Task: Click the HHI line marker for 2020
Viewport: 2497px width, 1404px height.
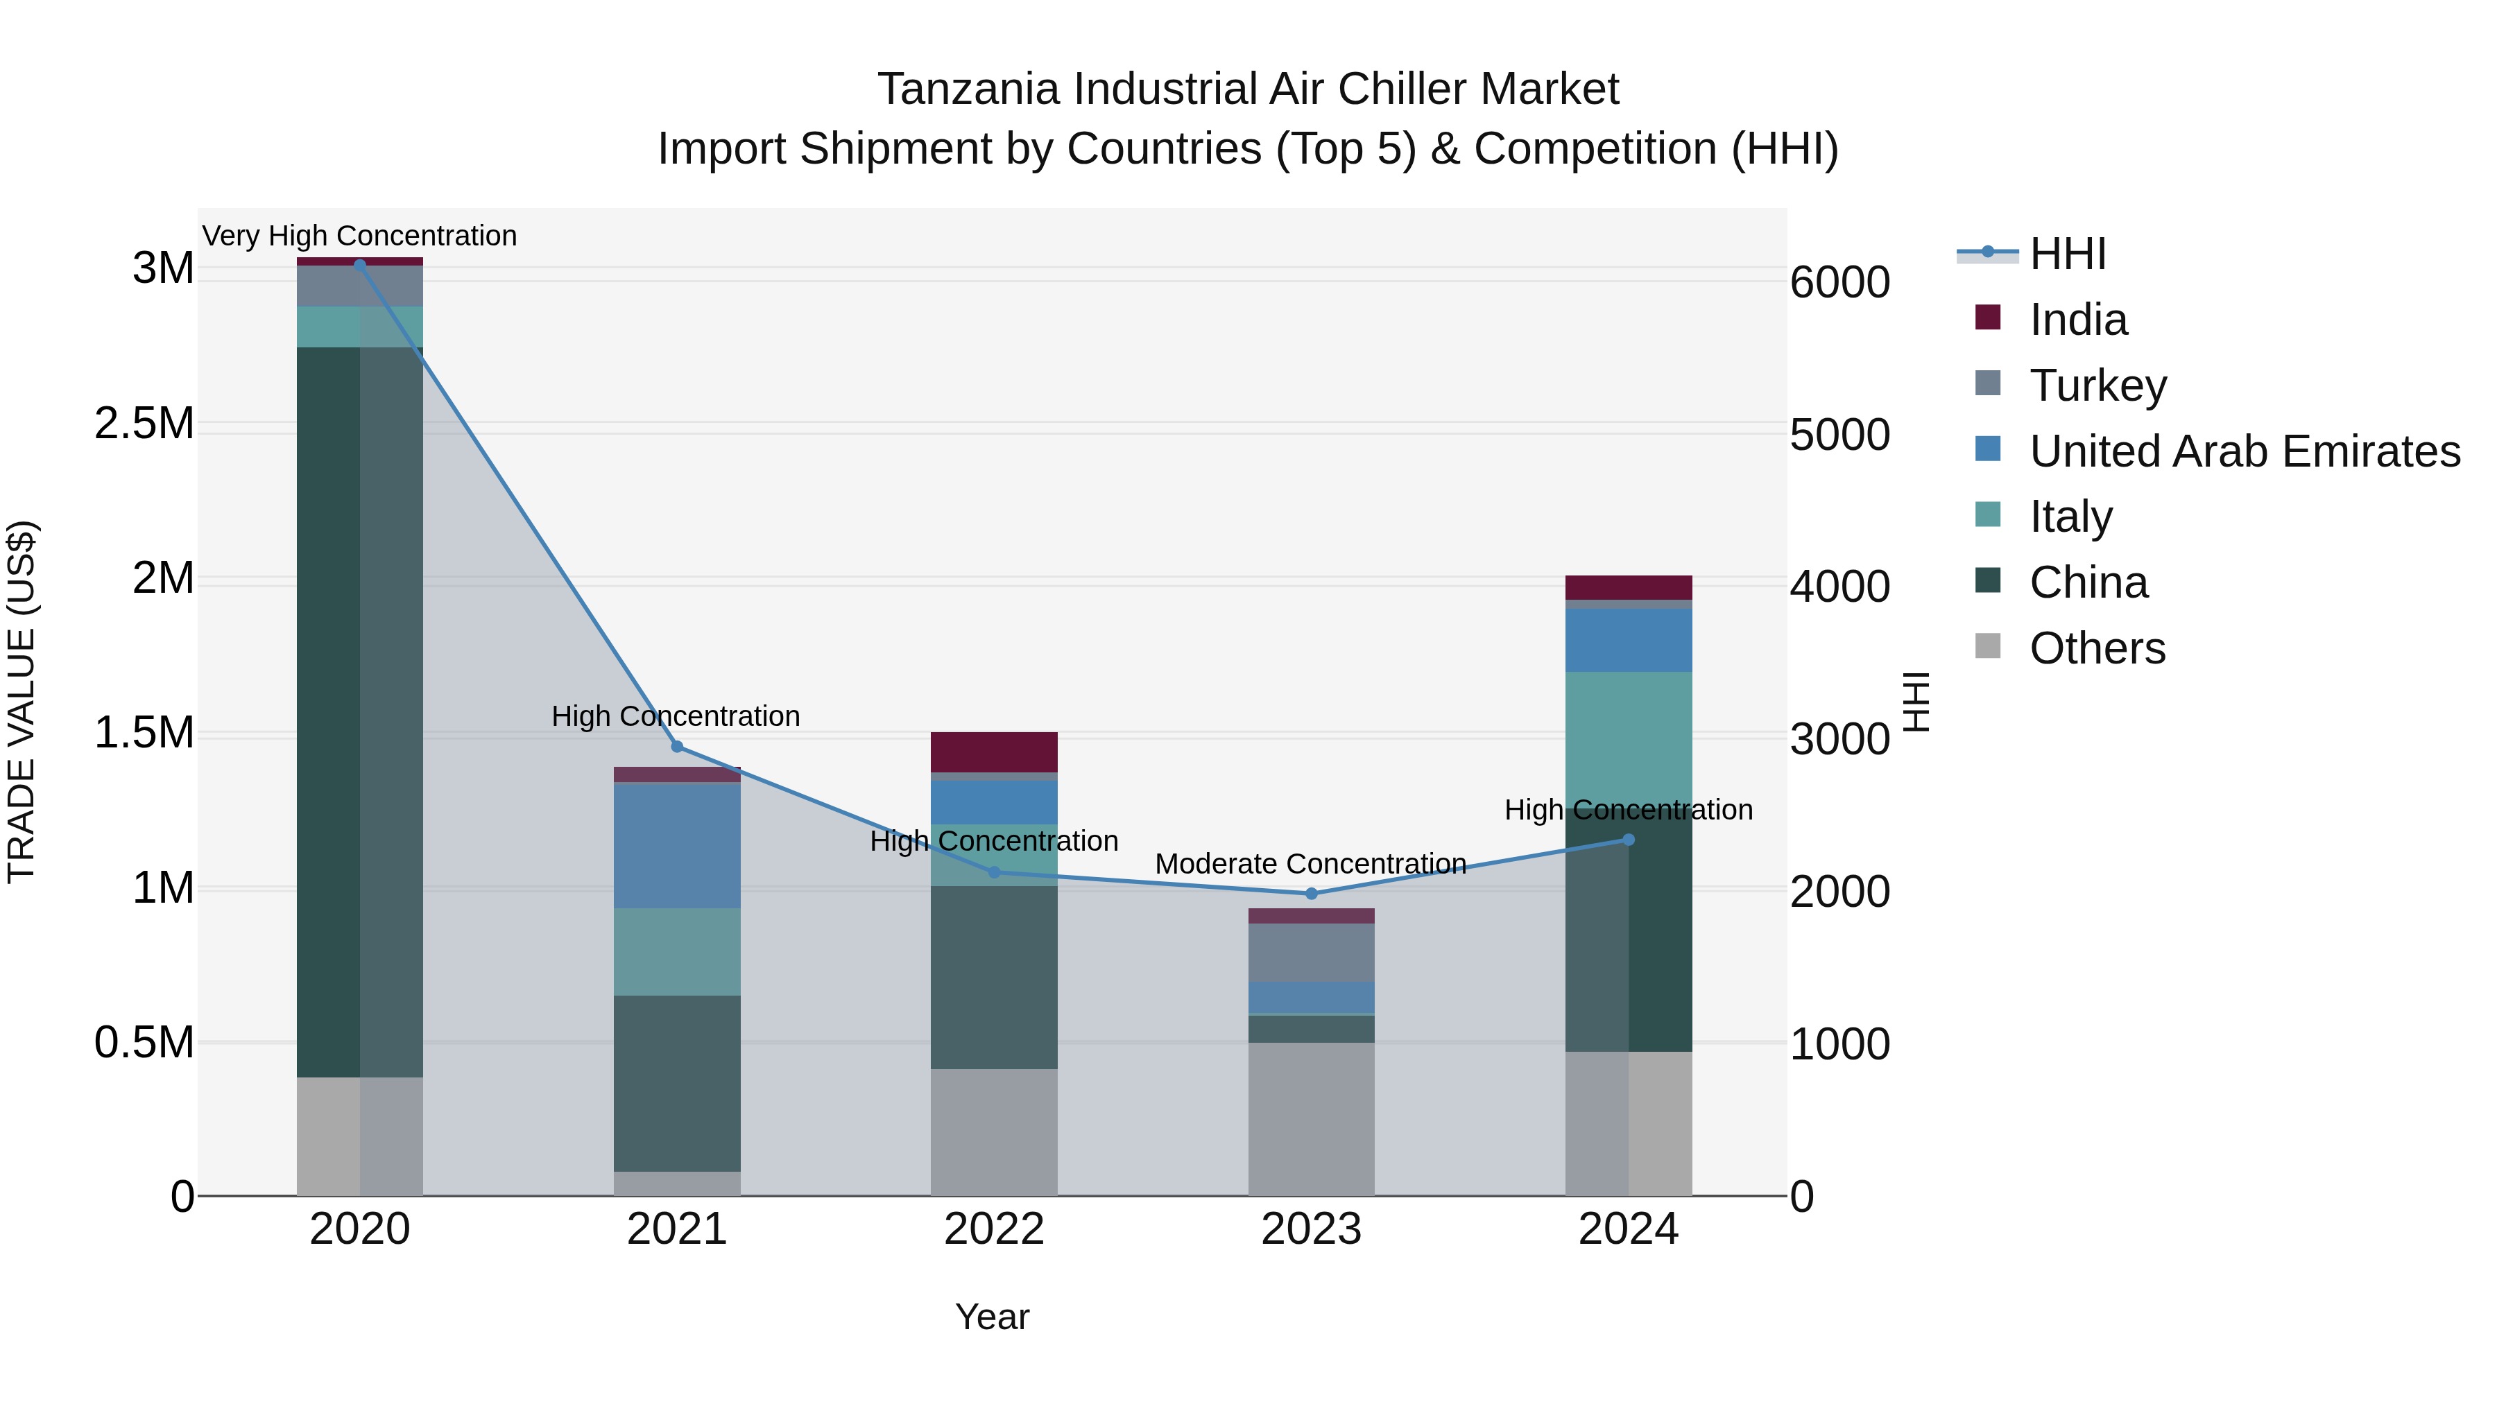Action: [x=359, y=265]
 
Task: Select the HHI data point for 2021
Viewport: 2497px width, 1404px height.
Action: [x=676, y=746]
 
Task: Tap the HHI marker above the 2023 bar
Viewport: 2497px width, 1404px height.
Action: [x=1312, y=894]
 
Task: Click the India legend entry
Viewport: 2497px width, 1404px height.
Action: [x=2077, y=320]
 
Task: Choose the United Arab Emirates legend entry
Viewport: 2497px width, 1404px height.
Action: [x=2244, y=451]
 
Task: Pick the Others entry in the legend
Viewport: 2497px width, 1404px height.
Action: [x=2097, y=648]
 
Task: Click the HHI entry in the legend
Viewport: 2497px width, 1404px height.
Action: [x=2067, y=254]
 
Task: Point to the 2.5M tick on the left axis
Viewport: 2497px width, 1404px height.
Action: [x=144, y=424]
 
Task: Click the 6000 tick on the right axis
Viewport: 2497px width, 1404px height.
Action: [x=1839, y=283]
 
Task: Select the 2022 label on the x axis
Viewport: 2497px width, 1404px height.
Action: [x=993, y=1229]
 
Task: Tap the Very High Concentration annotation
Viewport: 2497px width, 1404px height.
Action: [x=359, y=236]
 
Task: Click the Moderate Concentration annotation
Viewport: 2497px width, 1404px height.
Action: [x=1310, y=863]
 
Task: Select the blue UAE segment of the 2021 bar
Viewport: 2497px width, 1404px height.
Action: [x=676, y=845]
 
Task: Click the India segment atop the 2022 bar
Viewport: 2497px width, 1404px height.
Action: [x=993, y=752]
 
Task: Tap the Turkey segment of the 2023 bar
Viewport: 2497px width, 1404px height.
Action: [x=1312, y=953]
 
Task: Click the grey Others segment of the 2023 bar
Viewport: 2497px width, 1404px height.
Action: [x=1312, y=1119]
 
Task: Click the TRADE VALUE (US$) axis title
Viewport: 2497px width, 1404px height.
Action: [x=22, y=702]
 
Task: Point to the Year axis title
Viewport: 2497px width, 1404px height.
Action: [x=992, y=1317]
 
